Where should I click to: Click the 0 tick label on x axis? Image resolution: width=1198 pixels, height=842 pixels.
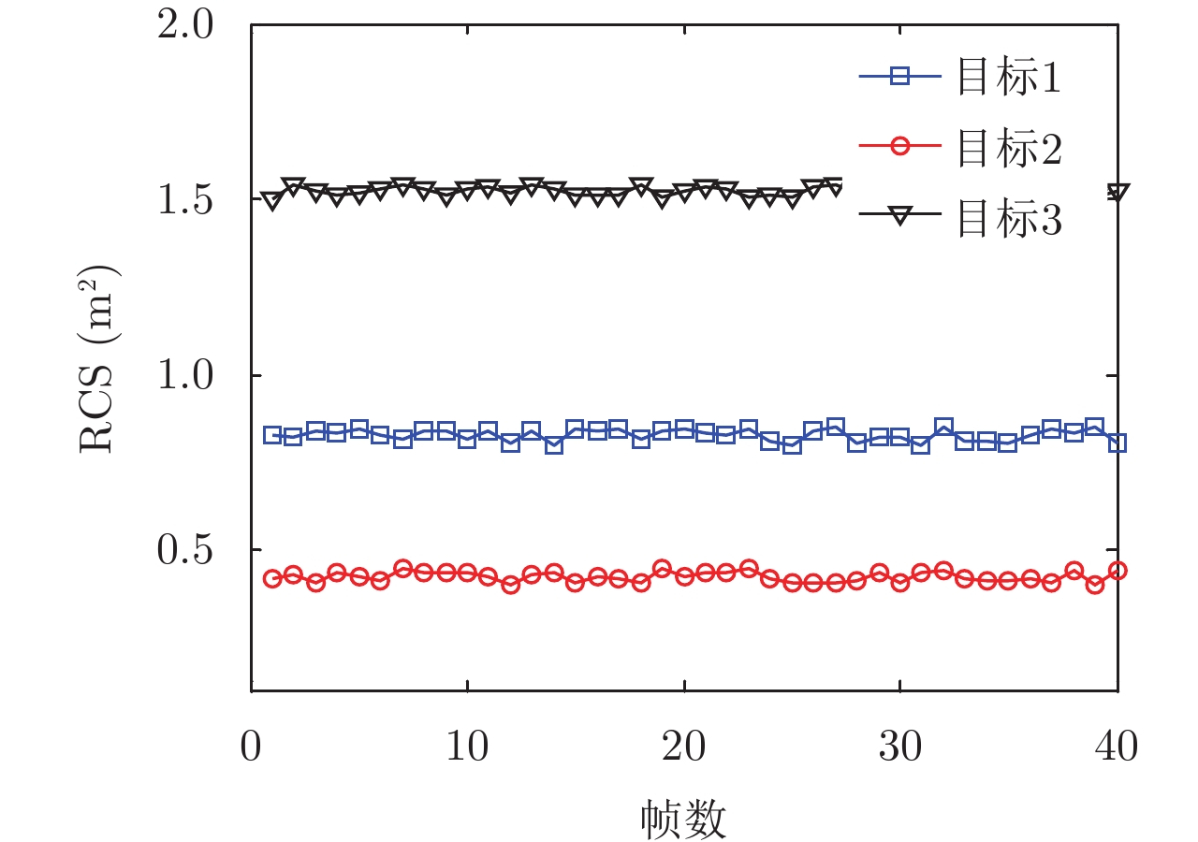click(x=251, y=748)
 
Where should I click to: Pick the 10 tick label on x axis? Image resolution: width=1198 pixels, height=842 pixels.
click(x=467, y=748)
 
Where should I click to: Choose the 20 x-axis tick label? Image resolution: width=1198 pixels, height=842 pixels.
click(x=684, y=748)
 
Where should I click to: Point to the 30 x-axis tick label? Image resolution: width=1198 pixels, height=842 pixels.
click(x=900, y=748)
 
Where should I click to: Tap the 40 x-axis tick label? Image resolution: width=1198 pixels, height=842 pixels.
click(x=1117, y=748)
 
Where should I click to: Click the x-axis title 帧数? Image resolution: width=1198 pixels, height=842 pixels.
click(x=684, y=819)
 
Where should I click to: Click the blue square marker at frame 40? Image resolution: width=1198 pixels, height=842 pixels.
click(x=1118, y=443)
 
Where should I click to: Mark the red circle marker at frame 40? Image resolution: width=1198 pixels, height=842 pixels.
click(x=1118, y=571)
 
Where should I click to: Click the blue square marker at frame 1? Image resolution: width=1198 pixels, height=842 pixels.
click(x=272, y=435)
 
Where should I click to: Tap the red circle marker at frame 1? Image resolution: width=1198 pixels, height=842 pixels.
click(x=272, y=579)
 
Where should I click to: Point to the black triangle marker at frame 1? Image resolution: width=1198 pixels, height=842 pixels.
click(x=272, y=200)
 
